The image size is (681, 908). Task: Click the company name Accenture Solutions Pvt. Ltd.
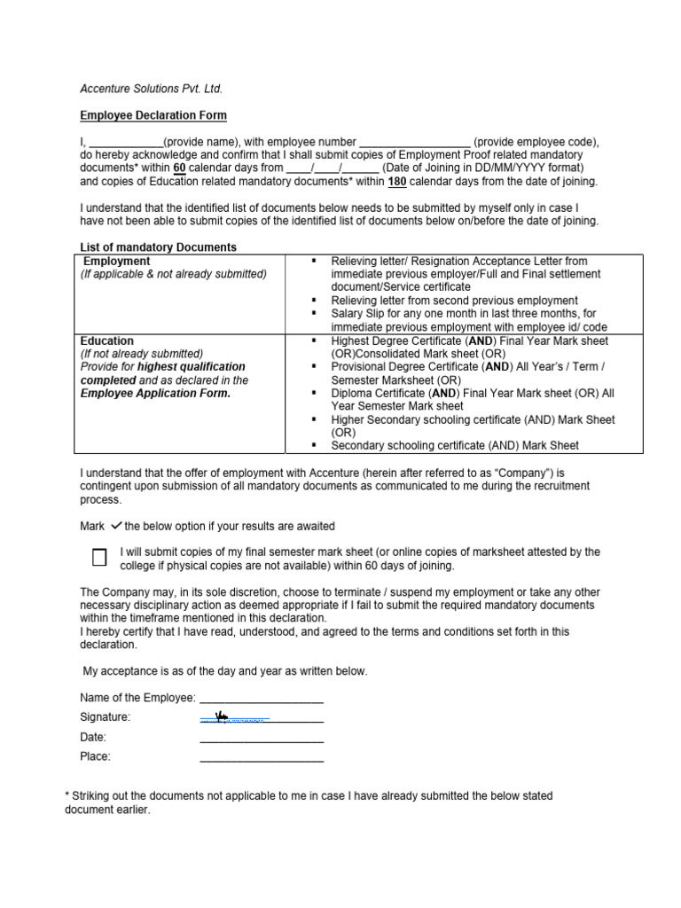pyautogui.click(x=152, y=89)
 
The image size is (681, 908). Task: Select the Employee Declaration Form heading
pyautogui.click(x=153, y=115)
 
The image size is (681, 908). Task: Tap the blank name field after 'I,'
pyautogui.click(x=127, y=142)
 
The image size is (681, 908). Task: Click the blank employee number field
pyautogui.click(x=414, y=142)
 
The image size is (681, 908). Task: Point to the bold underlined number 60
pyautogui.click(x=179, y=168)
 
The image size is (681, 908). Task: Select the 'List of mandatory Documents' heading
pyautogui.click(x=159, y=247)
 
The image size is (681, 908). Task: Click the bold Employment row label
pyautogui.click(x=117, y=262)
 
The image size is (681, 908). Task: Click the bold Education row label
pyautogui.click(x=107, y=340)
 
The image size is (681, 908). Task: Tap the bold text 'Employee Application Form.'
pyautogui.click(x=155, y=394)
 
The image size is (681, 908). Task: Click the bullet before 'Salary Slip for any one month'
pyautogui.click(x=315, y=314)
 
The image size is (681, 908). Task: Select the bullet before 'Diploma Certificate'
pyautogui.click(x=315, y=394)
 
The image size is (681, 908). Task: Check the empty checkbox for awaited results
pyautogui.click(x=99, y=558)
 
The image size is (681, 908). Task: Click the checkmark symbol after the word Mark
pyautogui.click(x=115, y=526)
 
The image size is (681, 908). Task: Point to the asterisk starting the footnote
pyautogui.click(x=68, y=795)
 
